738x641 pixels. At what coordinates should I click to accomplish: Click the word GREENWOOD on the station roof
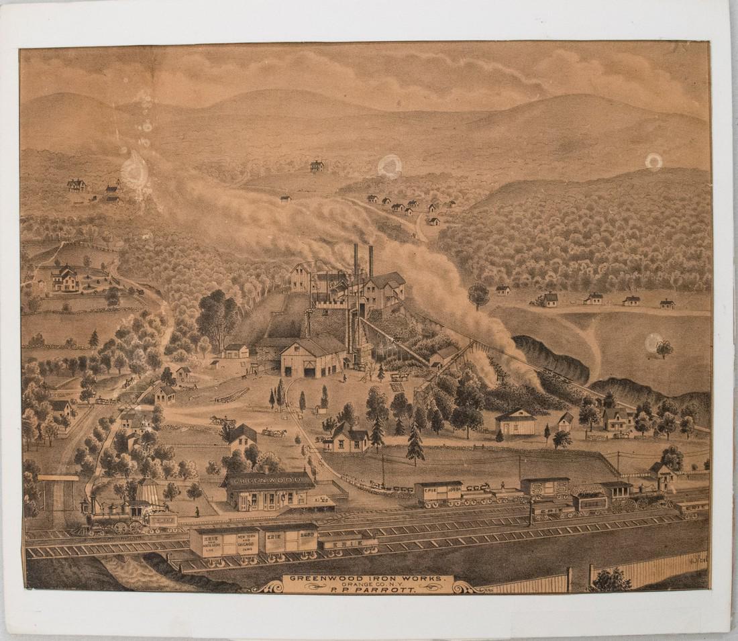point(268,479)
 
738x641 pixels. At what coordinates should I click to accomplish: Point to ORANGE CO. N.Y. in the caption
point(367,585)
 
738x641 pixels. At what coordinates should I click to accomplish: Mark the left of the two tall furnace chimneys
point(356,262)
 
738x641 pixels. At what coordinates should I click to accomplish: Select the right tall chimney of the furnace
point(370,262)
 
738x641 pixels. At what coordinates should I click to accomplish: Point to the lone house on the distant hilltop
point(317,165)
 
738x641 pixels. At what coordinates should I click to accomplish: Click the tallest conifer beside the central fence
point(415,443)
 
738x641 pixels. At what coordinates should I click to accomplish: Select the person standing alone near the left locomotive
point(197,511)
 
